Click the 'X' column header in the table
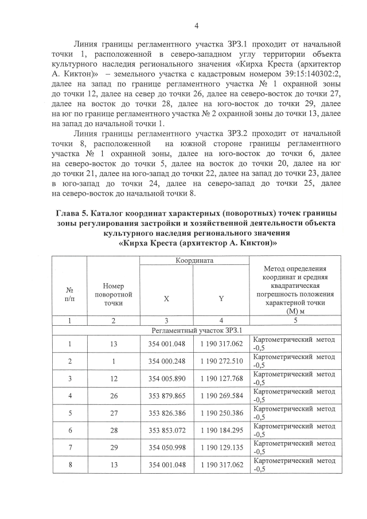click(x=166, y=298)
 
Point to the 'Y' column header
click(x=221, y=298)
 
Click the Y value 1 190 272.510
click(x=221, y=361)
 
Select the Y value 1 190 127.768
click(x=221, y=379)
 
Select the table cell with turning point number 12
click(x=113, y=379)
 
